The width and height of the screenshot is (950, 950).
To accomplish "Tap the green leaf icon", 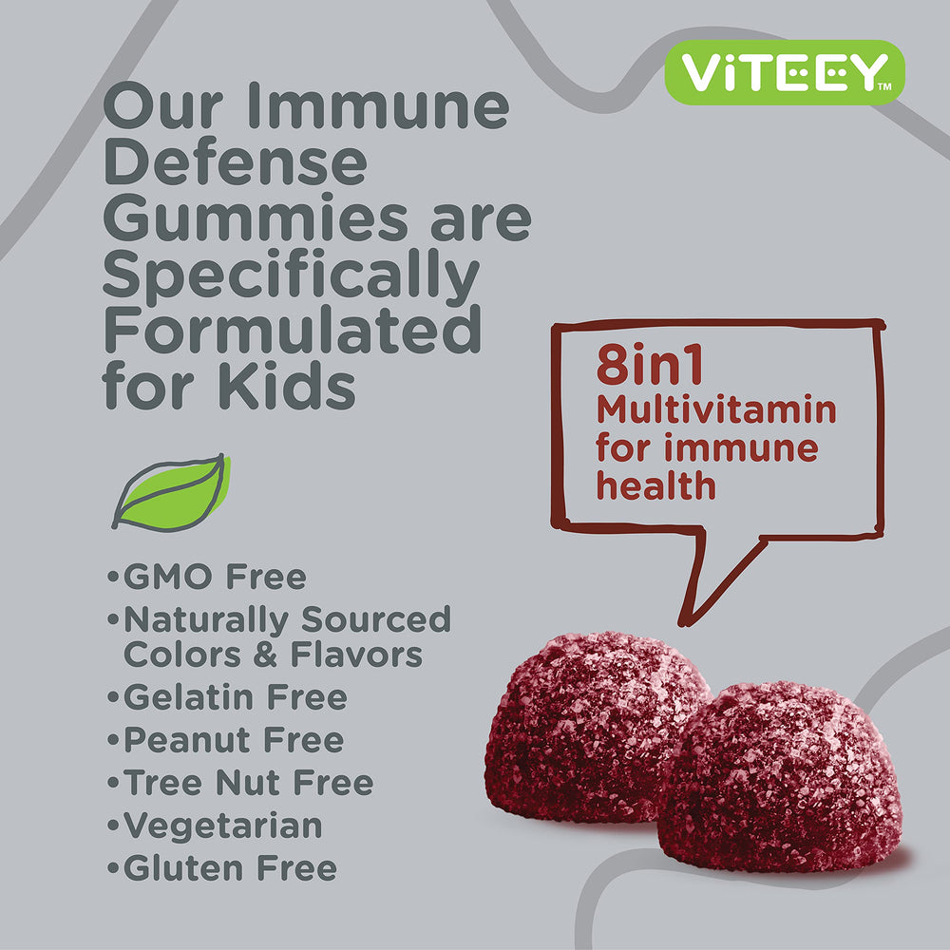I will [x=172, y=491].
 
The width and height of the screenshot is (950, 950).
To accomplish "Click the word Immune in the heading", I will [x=399, y=106].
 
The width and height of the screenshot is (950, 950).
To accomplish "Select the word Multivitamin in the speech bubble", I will [x=716, y=410].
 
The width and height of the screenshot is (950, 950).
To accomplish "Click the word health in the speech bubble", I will [x=655, y=484].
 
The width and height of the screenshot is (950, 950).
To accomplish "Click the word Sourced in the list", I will [x=376, y=619].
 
